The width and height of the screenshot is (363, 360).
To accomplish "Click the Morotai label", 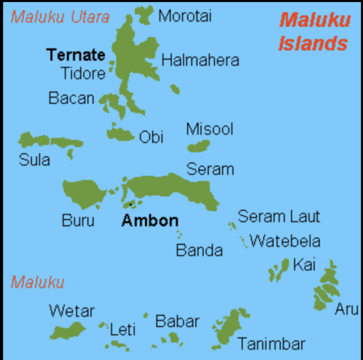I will pos(184,15).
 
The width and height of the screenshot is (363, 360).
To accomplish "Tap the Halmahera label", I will pos(200,60).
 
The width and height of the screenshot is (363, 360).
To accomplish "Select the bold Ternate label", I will pos(75,55).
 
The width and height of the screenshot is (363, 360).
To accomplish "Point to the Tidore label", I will pos(83,72).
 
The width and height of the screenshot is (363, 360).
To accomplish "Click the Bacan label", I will pos(71,98).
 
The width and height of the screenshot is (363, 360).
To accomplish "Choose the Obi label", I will pos(151,136).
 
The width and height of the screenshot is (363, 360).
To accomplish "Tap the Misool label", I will pos(209,128).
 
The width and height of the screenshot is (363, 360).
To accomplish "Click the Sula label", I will pos(34,159).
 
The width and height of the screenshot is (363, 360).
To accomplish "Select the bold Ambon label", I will pos(149,221).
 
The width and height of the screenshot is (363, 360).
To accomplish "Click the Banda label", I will pos(199,250).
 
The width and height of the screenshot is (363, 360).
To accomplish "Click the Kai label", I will pos(304,265).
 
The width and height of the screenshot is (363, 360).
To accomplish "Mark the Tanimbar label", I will pos(271,344).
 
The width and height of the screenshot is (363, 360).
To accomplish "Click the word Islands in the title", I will pos(312,43).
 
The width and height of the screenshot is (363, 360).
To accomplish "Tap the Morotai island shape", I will pos(144,12).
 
